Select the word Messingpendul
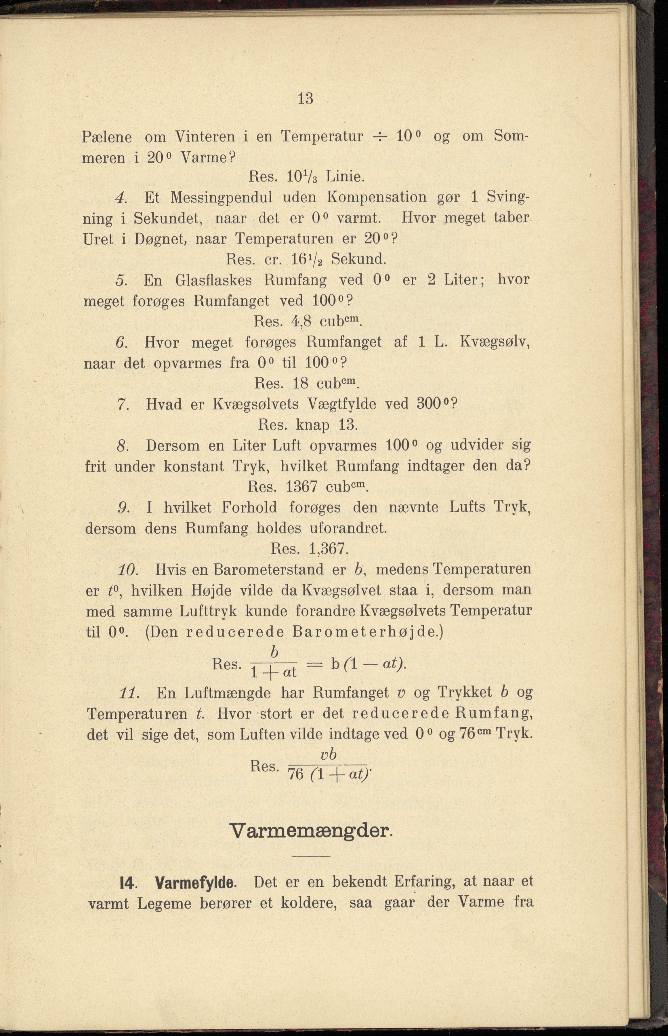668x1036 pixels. click(x=221, y=197)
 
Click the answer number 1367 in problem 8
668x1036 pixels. click(x=302, y=487)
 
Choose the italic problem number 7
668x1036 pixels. click(x=122, y=404)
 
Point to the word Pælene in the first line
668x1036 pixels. click(x=107, y=137)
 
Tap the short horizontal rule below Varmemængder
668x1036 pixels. click(x=311, y=856)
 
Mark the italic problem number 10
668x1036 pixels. click(x=127, y=569)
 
